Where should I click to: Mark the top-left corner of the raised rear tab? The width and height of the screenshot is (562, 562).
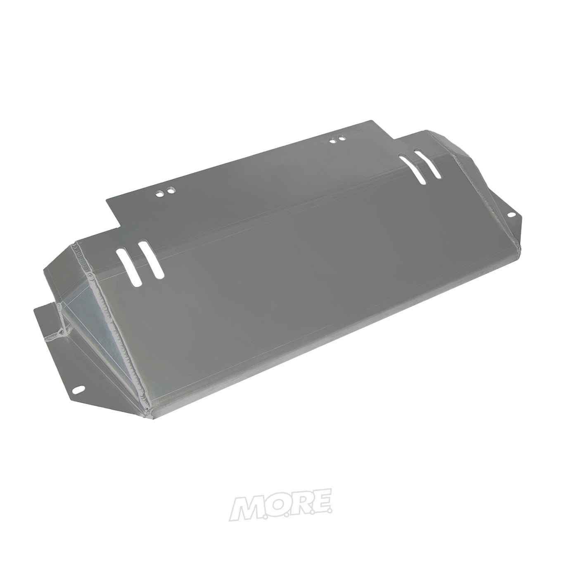(x=108, y=200)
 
